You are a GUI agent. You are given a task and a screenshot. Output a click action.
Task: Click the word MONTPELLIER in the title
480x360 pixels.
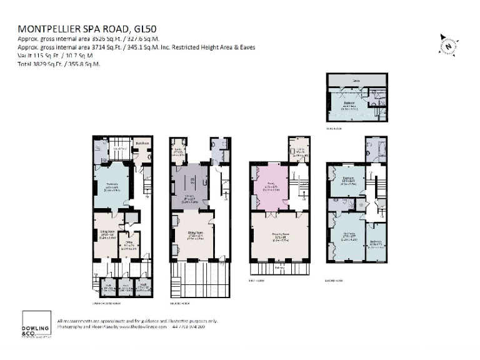click(56, 29)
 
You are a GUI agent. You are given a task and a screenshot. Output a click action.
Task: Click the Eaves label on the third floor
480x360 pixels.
click(354, 80)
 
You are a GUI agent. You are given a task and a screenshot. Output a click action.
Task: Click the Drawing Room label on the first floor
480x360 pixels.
click(280, 236)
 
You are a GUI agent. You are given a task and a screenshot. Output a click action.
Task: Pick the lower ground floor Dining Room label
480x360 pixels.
click(104, 232)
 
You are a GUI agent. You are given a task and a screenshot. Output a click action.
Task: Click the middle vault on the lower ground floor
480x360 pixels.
click(125, 289)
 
